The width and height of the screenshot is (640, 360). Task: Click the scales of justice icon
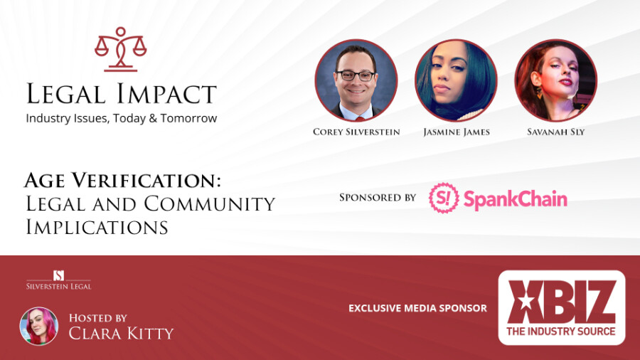pos(120,49)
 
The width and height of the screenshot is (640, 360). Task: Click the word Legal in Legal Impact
pos(65,93)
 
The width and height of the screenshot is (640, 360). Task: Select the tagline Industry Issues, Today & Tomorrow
pos(121,118)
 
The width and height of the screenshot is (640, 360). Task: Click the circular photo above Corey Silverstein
pos(356,80)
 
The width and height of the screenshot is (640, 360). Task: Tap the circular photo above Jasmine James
pos(456,80)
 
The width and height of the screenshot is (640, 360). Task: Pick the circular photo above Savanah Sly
pos(556,80)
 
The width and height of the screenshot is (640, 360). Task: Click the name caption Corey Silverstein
pos(356,132)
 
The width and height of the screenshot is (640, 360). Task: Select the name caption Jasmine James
pos(457,132)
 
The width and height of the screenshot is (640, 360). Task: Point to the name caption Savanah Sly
pos(556,132)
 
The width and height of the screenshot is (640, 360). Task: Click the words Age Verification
pos(122,181)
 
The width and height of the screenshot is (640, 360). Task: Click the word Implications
pos(97,227)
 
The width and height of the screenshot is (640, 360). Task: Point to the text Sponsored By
pos(378,198)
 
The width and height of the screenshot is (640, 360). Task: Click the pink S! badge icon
pos(443,198)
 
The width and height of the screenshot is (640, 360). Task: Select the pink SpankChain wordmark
pos(516,199)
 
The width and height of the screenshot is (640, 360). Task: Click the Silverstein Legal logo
pos(59,280)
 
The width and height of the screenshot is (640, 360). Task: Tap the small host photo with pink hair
pos(39,326)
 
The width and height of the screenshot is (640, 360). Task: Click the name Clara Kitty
pos(121,334)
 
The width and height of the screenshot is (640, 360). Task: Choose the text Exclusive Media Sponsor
pos(417,308)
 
